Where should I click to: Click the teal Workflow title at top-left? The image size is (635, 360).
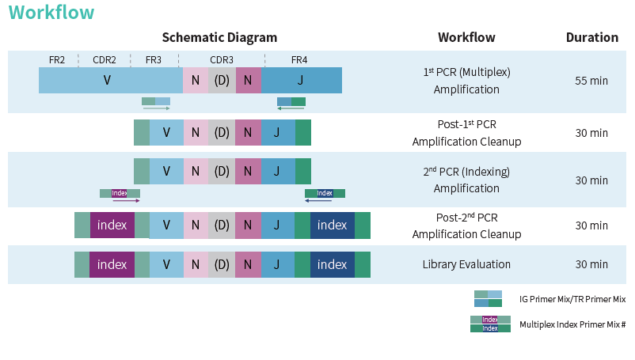51,13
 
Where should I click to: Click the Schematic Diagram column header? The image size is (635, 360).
219,37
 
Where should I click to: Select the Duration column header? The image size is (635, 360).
591,37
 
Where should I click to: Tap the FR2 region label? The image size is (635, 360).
57,60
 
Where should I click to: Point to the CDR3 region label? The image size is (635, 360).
222,60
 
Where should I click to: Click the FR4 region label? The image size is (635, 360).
299,60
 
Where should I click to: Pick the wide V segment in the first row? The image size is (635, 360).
108,81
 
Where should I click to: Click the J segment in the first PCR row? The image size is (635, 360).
301,81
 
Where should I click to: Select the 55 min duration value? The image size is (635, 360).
591,81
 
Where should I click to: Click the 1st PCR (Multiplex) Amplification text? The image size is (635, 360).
466,81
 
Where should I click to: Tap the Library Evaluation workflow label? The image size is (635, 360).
466,264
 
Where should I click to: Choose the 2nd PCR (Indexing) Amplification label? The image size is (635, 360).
466,180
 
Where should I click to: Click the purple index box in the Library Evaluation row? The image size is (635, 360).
112,264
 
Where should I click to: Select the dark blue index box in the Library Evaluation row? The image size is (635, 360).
332,264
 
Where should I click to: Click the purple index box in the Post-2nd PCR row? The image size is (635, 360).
112,225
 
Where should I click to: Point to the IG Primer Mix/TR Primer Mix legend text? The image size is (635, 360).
572,299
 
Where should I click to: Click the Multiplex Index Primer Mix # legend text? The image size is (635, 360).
572,324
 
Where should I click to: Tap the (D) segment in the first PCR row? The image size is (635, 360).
222,81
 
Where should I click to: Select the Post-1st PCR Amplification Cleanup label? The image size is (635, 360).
466,133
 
